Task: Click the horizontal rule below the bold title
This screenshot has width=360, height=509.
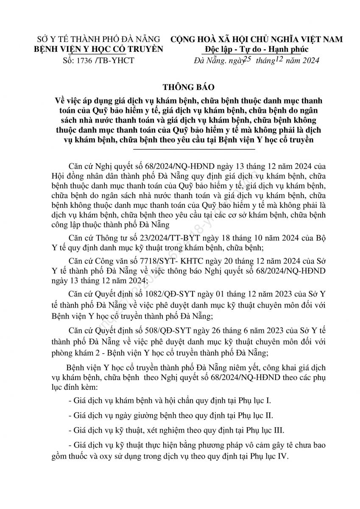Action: [194, 149]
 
